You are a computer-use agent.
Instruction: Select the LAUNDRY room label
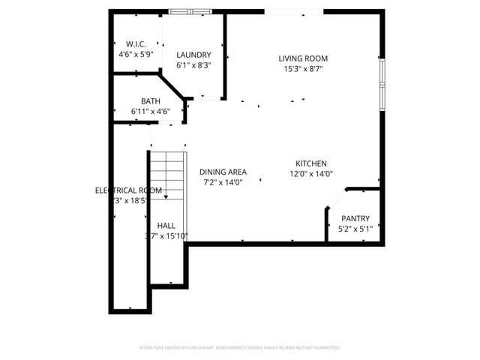[193, 55]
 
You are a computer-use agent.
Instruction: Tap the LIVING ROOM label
[303, 58]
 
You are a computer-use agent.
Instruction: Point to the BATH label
[150, 100]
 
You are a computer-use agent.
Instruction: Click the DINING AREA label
[223, 172]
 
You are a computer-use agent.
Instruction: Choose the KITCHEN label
[310, 163]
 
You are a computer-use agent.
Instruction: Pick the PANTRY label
[355, 218]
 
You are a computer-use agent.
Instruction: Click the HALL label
[166, 225]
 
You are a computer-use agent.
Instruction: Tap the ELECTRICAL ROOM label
[128, 190]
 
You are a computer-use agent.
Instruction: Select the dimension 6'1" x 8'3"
[193, 65]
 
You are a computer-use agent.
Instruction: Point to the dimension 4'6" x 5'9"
[136, 55]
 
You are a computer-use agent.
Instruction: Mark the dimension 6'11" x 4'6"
[150, 111]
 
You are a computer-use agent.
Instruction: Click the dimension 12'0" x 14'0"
[310, 173]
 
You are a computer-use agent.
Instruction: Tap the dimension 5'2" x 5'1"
[355, 228]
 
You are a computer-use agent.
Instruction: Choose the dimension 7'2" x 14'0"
[223, 181]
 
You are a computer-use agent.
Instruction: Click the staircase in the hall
[166, 172]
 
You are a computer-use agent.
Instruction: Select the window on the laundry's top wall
[190, 11]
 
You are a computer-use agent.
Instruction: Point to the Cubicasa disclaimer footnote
[240, 348]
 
